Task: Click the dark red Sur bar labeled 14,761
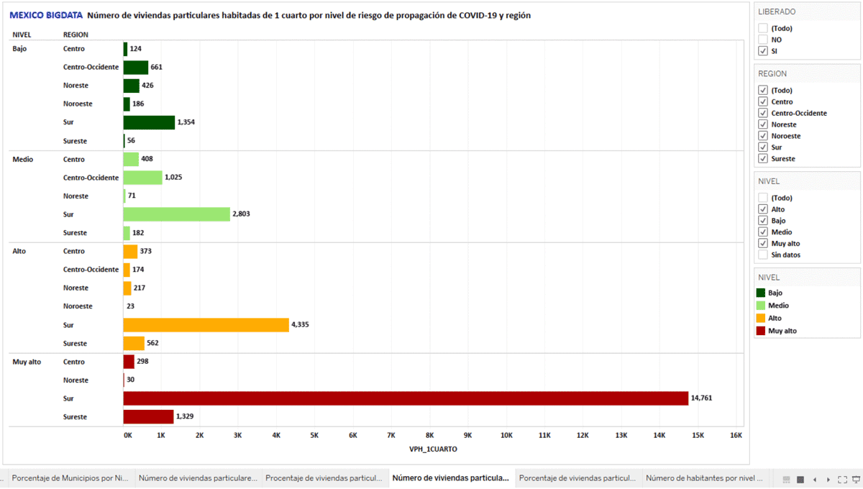(x=406, y=398)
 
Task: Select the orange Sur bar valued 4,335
(x=206, y=325)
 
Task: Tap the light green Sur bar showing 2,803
(x=176, y=214)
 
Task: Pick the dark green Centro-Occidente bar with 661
(x=135, y=68)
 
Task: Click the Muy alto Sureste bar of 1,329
(x=148, y=417)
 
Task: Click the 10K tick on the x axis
(x=506, y=436)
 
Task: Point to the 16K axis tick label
(x=736, y=436)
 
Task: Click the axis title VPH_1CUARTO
(x=433, y=449)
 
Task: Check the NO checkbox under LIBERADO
(x=762, y=40)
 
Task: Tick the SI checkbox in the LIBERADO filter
(x=762, y=52)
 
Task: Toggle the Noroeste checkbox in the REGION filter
(x=762, y=136)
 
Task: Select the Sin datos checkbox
(x=762, y=255)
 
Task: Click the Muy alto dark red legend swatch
(x=761, y=331)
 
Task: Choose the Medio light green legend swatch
(x=761, y=306)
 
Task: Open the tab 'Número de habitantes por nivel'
(x=704, y=478)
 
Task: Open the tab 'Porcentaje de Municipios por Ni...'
(x=70, y=478)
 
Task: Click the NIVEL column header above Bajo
(x=22, y=35)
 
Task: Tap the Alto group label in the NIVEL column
(x=19, y=252)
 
